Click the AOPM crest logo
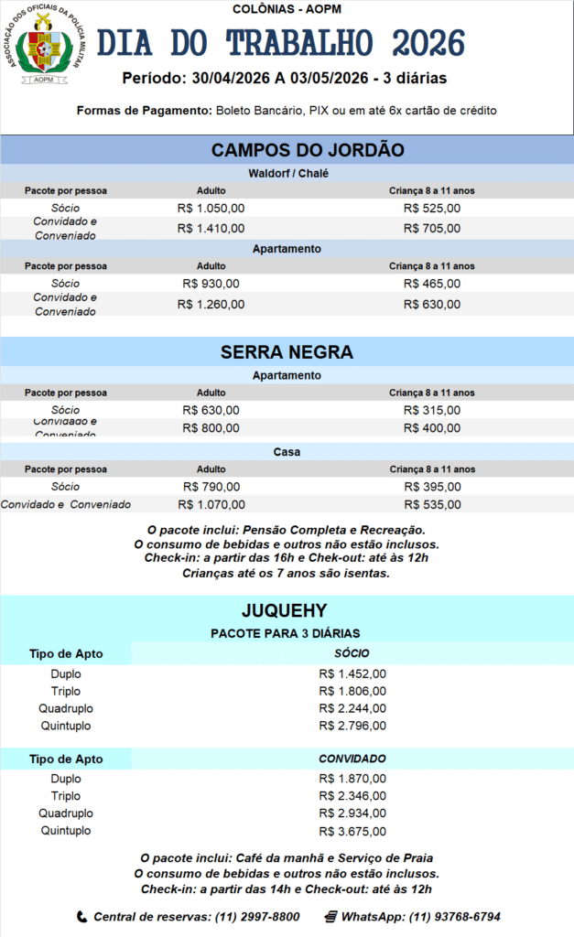[x=44, y=46]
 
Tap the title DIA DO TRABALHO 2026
[x=281, y=43]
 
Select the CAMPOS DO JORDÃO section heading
[x=308, y=150]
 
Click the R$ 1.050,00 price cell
[x=211, y=208]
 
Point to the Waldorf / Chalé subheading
[x=287, y=173]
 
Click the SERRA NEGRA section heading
[x=287, y=352]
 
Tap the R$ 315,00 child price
[x=431, y=410]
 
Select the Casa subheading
[x=287, y=452]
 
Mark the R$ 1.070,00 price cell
[x=211, y=504]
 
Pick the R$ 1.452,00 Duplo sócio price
[x=352, y=674]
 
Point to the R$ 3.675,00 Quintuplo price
[x=352, y=831]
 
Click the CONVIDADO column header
[x=352, y=759]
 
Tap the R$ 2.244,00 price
[x=352, y=709]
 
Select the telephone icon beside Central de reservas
[x=81, y=916]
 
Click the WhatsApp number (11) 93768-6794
[x=454, y=916]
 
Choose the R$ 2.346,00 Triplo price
[x=352, y=796]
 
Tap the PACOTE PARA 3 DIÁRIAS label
[x=286, y=633]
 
